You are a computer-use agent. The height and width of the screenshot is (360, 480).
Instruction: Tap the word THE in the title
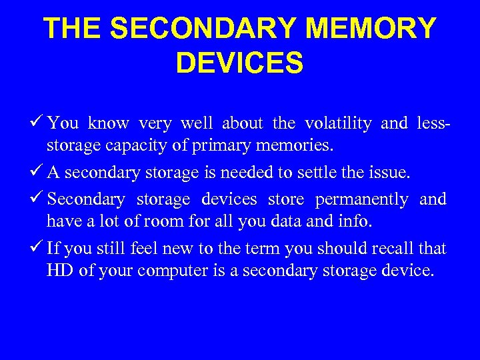73,29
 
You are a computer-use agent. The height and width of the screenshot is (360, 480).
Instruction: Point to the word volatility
338,123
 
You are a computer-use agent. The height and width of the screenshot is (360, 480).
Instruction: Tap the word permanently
361,199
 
